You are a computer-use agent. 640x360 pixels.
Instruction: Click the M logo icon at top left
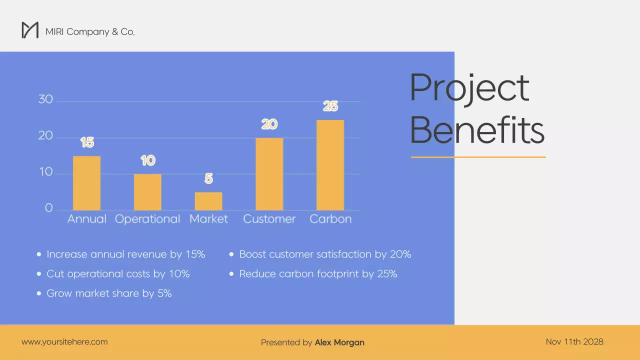30,30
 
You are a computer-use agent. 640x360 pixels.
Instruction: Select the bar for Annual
86,183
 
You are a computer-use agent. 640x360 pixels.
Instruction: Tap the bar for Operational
147,192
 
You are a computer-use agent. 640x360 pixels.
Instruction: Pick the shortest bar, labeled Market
208,201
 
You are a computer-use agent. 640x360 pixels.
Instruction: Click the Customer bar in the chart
269,174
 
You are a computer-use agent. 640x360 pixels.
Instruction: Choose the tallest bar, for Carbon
330,165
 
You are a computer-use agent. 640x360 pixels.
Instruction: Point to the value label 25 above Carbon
330,106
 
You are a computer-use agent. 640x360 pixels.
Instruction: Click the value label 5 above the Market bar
208,178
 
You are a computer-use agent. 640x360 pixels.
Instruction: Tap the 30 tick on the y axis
45,99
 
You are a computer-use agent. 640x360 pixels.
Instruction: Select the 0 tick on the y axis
48,208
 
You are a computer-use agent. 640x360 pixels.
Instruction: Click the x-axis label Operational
147,219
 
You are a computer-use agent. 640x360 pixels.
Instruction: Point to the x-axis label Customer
269,219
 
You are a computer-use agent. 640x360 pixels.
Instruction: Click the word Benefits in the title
477,130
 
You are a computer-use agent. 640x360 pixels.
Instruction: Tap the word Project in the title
469,88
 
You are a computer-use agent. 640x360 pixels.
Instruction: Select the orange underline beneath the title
478,157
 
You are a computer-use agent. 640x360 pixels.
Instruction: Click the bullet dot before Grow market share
39,293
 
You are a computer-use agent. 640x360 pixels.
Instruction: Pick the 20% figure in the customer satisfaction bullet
400,254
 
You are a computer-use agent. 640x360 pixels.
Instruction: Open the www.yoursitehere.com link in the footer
64,342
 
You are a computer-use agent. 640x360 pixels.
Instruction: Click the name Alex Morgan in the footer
339,342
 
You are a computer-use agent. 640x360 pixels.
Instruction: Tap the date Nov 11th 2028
574,342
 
